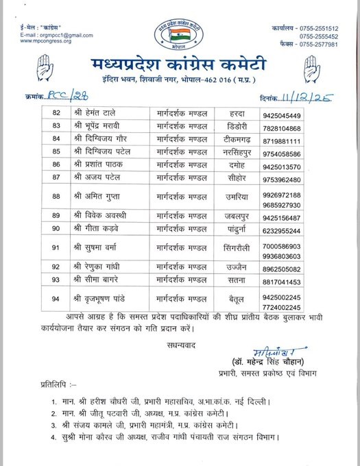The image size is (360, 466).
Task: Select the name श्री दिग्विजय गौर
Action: pyautogui.click(x=101, y=139)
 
